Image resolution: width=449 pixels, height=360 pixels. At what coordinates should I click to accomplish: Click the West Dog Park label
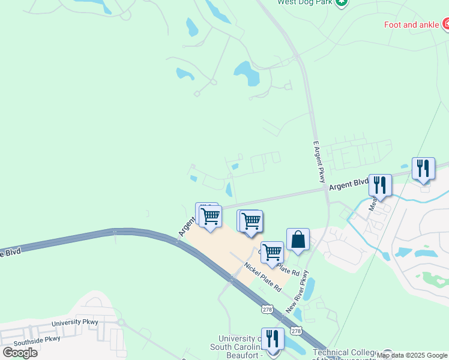(x=304, y=2)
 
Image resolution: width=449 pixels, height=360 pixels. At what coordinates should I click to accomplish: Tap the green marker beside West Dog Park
(x=342, y=2)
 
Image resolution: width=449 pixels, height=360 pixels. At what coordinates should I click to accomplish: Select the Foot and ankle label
(x=412, y=25)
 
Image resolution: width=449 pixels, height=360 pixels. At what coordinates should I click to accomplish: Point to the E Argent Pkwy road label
(x=319, y=163)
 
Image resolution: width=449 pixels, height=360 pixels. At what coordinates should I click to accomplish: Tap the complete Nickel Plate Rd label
(x=262, y=277)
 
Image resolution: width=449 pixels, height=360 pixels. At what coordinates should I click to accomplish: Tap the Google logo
(x=20, y=352)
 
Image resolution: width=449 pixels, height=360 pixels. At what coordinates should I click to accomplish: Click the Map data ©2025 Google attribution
(x=412, y=355)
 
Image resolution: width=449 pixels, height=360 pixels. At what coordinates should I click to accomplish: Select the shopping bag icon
(x=298, y=240)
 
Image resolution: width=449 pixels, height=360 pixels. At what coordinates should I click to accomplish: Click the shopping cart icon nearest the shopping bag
(x=273, y=253)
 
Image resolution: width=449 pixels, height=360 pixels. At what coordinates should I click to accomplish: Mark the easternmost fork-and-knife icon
(x=423, y=169)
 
